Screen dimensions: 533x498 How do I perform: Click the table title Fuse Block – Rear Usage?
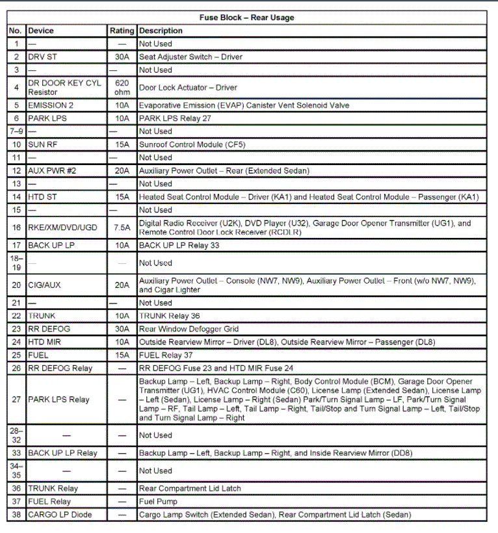point(246,18)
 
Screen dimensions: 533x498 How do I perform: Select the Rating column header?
point(122,31)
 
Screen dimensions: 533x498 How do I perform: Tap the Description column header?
point(161,31)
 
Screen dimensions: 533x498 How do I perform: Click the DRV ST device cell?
point(43,57)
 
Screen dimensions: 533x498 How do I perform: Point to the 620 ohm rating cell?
point(122,88)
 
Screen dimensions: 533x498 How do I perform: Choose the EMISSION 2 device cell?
point(51,105)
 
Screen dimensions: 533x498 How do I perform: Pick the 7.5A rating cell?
point(122,227)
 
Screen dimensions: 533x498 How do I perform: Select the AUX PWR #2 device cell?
point(53,170)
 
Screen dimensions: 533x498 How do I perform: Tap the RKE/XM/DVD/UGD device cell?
point(63,227)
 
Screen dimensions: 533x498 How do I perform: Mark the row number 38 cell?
point(16,515)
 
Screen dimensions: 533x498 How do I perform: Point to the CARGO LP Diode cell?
point(60,515)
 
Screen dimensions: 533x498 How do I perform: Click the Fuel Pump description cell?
point(158,502)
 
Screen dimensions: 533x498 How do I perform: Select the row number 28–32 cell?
point(16,435)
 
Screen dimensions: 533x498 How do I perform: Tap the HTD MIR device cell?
point(45,342)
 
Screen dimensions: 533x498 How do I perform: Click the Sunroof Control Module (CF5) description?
point(192,144)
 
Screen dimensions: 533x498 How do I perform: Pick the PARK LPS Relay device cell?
point(59,400)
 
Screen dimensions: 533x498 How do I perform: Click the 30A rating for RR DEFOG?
point(122,329)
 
